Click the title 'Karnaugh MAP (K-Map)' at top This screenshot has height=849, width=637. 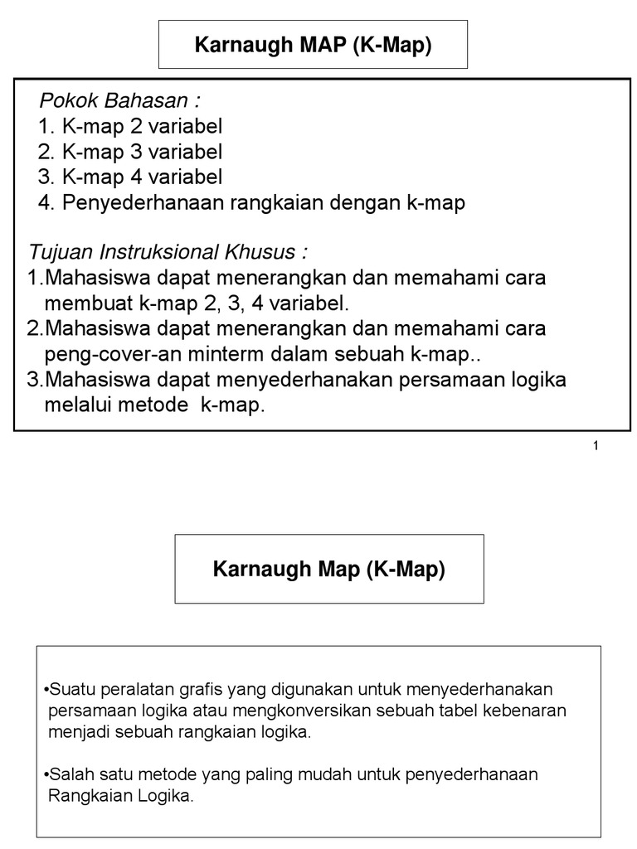(x=313, y=46)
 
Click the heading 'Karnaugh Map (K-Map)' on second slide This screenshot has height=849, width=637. (x=329, y=570)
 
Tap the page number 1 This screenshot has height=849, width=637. (x=596, y=446)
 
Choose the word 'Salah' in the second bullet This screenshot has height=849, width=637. (x=67, y=774)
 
